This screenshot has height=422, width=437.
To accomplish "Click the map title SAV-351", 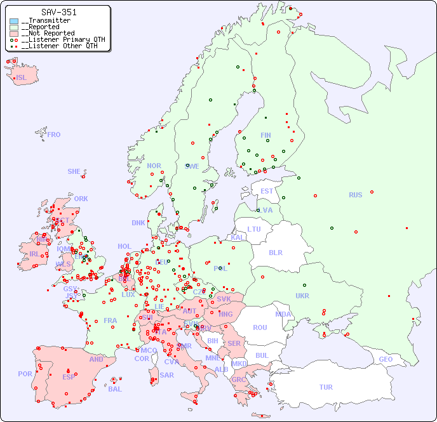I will (x=59, y=12).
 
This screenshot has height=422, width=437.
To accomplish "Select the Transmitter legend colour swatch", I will (x=14, y=21).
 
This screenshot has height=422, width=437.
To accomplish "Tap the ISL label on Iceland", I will (x=22, y=78).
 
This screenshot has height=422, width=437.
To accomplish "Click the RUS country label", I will (x=355, y=195).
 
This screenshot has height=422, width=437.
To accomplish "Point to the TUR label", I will (x=326, y=387).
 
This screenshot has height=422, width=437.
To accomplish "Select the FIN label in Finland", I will (x=266, y=135).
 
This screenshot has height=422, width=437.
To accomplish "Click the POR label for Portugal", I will (x=25, y=374).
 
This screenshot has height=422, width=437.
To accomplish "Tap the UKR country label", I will (x=302, y=296).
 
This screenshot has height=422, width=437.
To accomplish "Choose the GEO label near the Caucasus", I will (x=386, y=359).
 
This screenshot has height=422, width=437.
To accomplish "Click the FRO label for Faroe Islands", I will (x=54, y=135).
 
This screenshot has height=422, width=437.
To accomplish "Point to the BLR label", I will (x=275, y=252).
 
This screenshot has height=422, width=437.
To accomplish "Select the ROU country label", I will (x=260, y=327).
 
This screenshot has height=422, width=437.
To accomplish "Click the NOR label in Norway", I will (x=154, y=166).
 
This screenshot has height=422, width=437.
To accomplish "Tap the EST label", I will (x=267, y=191).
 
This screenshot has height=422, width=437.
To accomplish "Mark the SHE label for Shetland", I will (x=74, y=171).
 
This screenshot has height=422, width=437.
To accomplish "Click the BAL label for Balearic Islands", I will (x=115, y=389).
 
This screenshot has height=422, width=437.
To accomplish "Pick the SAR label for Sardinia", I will (x=166, y=375).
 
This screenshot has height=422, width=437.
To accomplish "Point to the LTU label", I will (x=254, y=229).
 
